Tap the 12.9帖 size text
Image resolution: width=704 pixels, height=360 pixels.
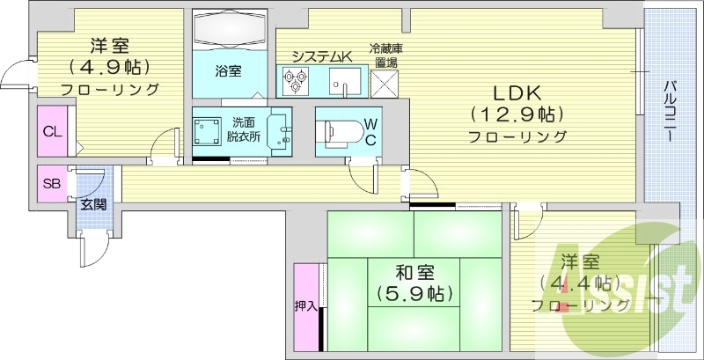(x=517, y=114)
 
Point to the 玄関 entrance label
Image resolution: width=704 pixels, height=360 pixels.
(x=93, y=204)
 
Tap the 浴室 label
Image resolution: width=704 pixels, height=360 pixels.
(x=229, y=70)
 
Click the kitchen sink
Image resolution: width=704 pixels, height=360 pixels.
(x=341, y=82)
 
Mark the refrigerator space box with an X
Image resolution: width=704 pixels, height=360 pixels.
(x=385, y=82)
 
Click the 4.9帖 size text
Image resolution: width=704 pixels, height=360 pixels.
(x=109, y=67)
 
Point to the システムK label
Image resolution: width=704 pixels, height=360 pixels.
(x=321, y=56)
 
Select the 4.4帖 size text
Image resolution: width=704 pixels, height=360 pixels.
(x=578, y=283)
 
